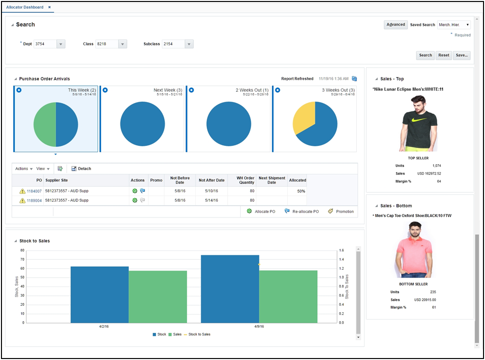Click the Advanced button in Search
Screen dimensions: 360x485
pos(395,25)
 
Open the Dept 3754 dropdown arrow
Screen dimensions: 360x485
pos(61,44)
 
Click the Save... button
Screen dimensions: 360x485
pos(461,55)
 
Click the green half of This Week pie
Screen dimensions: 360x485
pos(44,124)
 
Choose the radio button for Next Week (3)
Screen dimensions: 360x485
pos(105,90)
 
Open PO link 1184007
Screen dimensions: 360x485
pos(35,191)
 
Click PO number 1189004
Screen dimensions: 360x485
pos(35,201)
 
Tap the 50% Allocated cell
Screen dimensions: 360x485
pos(300,191)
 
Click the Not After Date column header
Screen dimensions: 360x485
pos(211,180)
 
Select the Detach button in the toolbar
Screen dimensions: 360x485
pos(81,169)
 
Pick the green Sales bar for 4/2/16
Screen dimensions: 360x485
pos(158,296)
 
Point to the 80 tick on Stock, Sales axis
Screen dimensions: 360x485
pos(22,251)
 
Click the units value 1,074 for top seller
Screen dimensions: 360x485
pos(436,166)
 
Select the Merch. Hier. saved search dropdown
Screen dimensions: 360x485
pos(453,25)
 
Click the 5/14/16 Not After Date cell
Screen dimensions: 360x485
pos(211,201)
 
